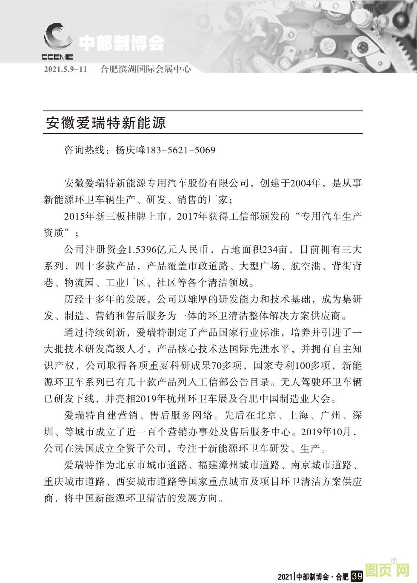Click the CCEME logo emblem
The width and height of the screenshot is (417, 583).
(x=57, y=38)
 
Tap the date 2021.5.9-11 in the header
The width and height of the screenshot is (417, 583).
(x=65, y=69)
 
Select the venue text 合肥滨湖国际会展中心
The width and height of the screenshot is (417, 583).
(x=146, y=69)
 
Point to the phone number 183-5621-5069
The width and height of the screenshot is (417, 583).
(x=181, y=150)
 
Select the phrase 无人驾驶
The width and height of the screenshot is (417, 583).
(x=302, y=382)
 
